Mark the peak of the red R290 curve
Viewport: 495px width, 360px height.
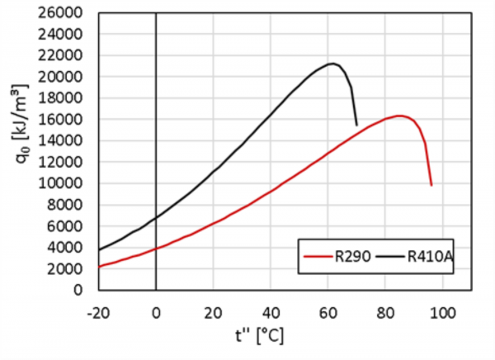point(399,116)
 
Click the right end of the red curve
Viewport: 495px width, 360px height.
point(431,184)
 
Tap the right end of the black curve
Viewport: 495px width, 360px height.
point(356,125)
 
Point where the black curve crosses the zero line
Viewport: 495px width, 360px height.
point(156,217)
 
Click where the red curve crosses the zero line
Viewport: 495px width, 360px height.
point(156,249)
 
